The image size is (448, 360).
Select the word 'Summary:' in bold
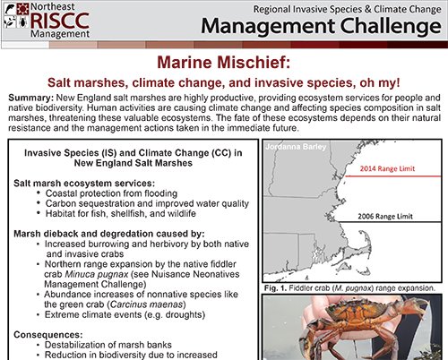coord(28,96)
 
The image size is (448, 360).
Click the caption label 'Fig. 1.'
coord(277,288)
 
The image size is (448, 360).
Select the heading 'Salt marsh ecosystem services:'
coord(82,182)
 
